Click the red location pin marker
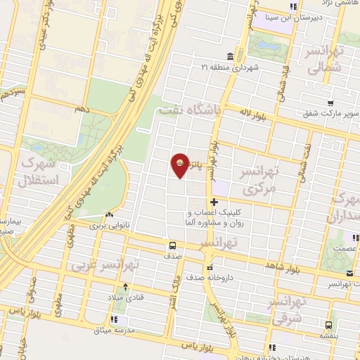coord(180,165)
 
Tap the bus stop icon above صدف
coord(172,246)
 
